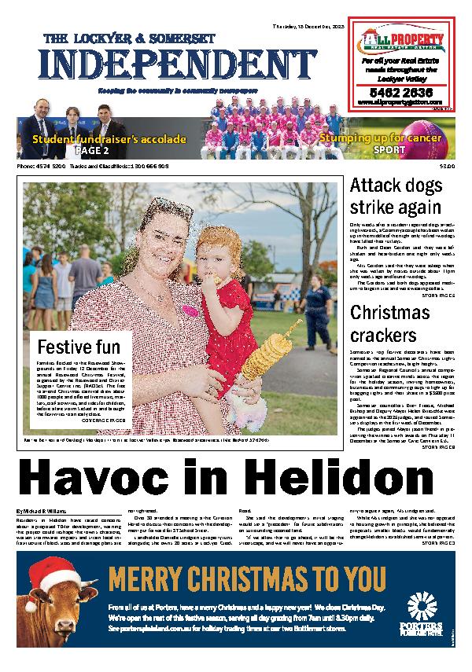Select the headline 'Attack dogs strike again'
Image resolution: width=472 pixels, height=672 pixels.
click(x=395, y=197)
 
